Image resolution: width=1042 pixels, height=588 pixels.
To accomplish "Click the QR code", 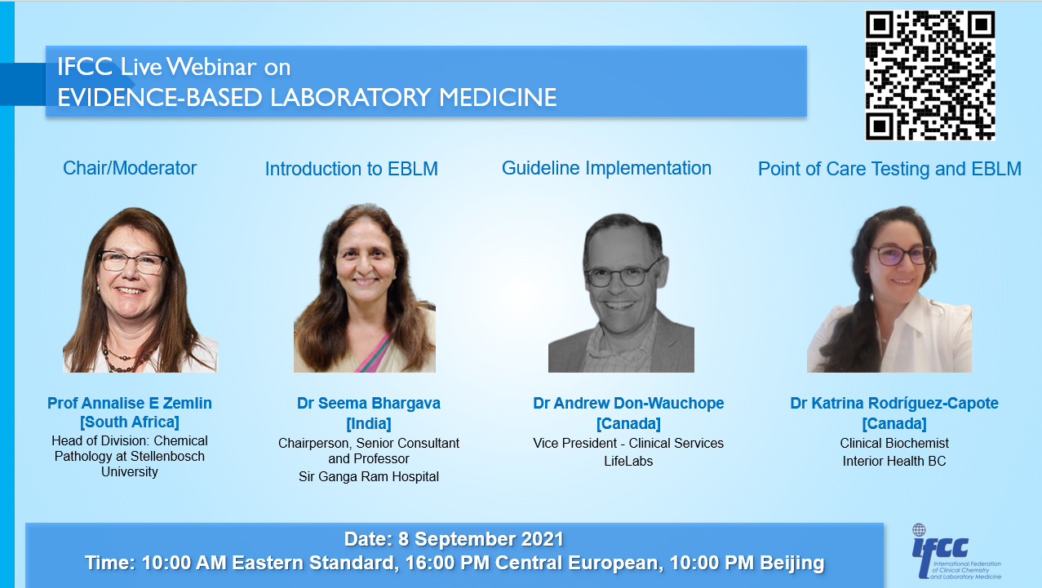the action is click(930, 75).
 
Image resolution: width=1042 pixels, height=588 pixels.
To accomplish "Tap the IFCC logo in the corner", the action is click(956, 552).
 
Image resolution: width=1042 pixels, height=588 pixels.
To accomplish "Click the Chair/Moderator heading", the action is click(129, 168).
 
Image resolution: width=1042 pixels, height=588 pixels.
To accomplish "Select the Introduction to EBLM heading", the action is click(351, 169).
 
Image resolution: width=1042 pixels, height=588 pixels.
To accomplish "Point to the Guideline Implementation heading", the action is click(606, 168).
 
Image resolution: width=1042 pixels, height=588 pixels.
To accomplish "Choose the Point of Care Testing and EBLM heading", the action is click(889, 169).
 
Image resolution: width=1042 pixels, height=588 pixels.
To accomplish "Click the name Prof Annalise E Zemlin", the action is click(129, 403).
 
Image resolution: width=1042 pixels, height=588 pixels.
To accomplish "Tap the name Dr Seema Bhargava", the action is click(369, 403).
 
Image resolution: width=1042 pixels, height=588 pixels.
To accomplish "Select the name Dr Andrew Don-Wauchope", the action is click(628, 403).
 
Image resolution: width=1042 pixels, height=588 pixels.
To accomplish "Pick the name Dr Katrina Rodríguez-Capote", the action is click(894, 403).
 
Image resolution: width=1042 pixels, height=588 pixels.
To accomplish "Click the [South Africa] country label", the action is click(129, 422).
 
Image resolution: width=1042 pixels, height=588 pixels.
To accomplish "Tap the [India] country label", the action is click(369, 423).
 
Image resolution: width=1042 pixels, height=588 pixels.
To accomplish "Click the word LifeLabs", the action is click(628, 461).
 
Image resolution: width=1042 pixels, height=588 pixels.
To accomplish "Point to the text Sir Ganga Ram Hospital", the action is click(369, 476).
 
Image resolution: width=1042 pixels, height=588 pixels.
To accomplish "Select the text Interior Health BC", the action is click(894, 461).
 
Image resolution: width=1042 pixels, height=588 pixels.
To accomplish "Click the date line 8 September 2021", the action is click(454, 539).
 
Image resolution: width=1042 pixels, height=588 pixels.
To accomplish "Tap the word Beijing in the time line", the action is click(791, 563).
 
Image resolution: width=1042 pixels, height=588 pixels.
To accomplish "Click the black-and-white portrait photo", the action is click(621, 293).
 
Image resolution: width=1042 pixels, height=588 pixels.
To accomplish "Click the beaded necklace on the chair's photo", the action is click(125, 359).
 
